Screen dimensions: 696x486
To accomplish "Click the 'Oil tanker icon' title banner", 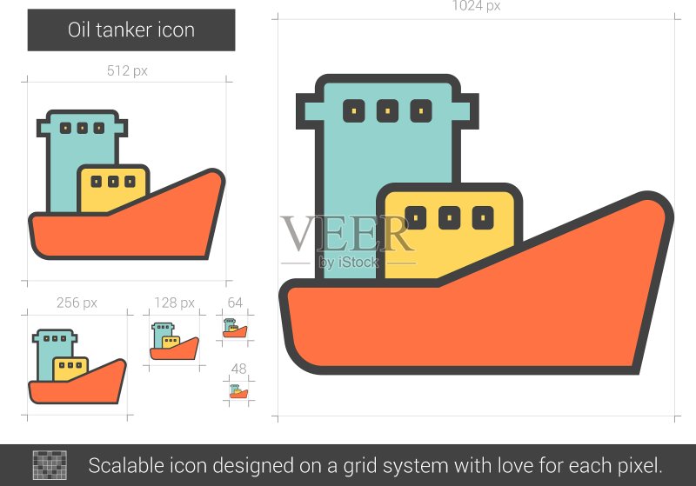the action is tap(131, 30).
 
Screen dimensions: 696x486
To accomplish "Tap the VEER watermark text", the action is tap(347, 234).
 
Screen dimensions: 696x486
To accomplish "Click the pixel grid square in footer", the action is tap(50, 465).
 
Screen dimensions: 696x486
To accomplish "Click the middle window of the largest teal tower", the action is tap(387, 110).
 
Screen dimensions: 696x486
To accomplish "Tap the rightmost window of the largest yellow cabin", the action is tap(483, 217).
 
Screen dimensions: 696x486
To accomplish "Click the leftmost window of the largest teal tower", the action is tap(354, 110).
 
